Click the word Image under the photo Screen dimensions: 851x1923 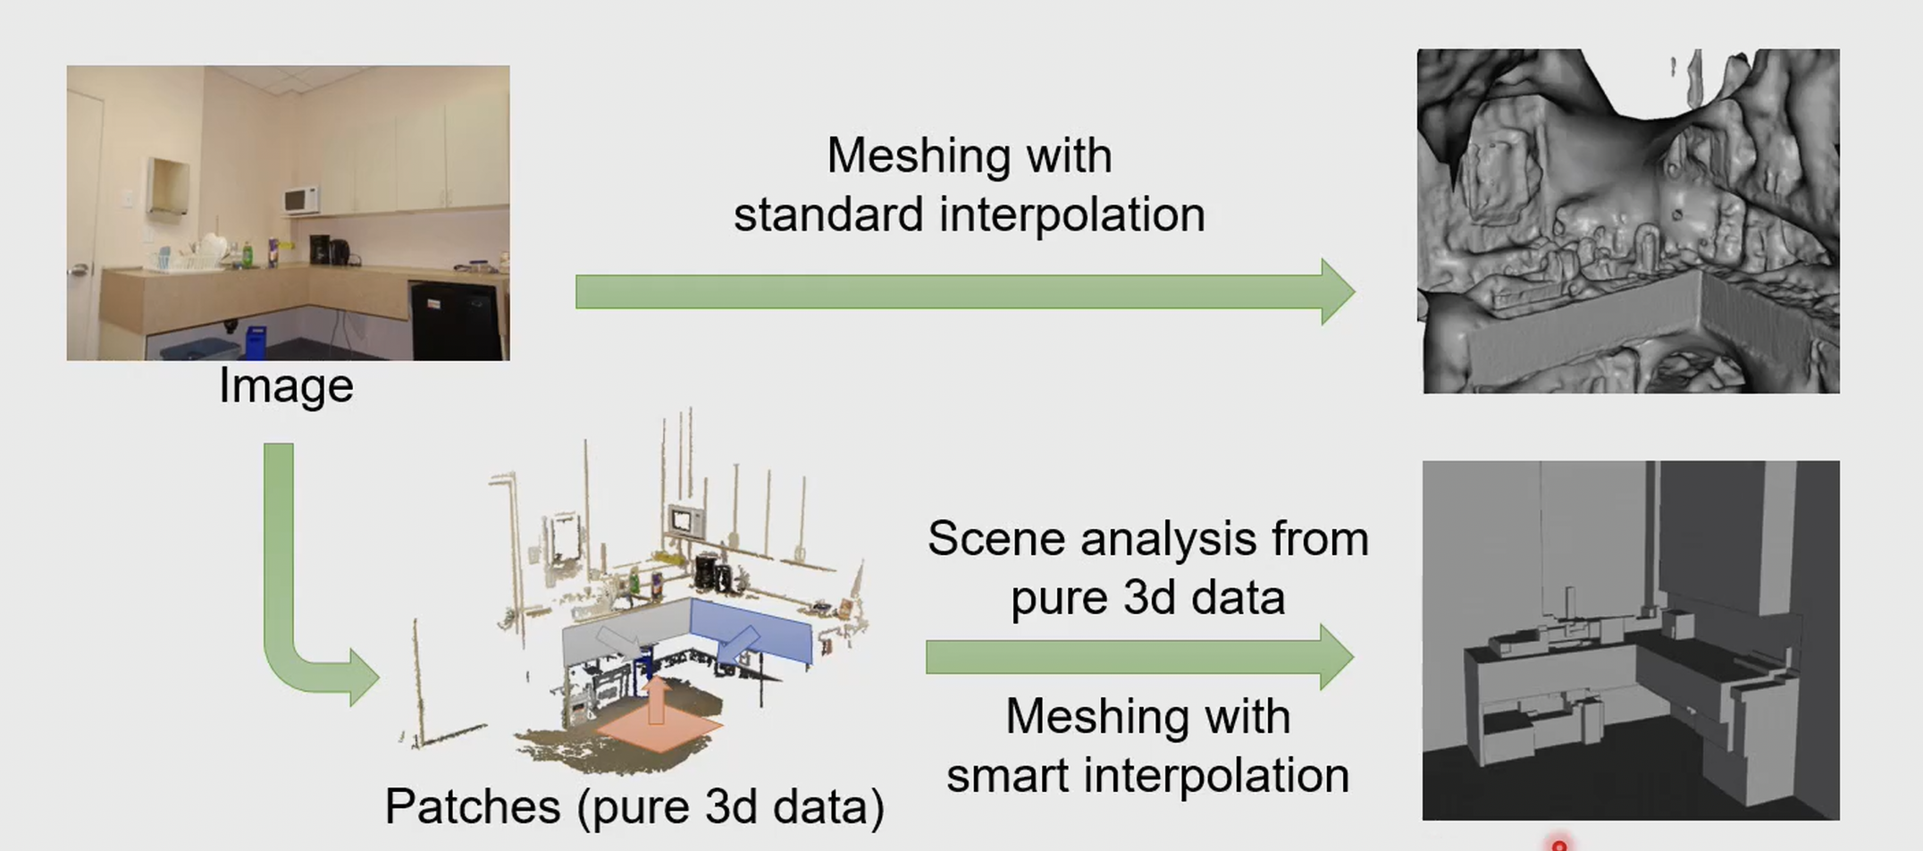(x=286, y=386)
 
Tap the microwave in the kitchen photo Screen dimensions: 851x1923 (x=301, y=199)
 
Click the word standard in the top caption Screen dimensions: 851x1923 (x=828, y=215)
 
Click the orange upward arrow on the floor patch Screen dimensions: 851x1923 (x=657, y=702)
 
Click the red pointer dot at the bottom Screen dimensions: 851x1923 (x=1559, y=845)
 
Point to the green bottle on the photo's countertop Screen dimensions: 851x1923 (x=247, y=254)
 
